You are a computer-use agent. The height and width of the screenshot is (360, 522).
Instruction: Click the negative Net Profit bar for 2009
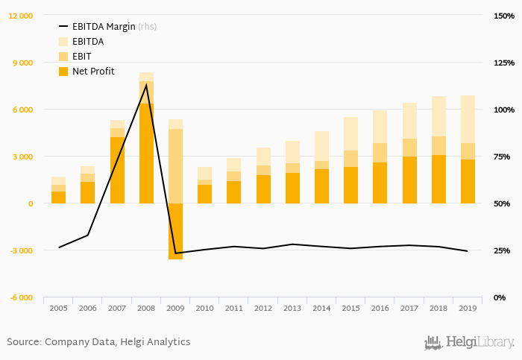pyautogui.click(x=175, y=231)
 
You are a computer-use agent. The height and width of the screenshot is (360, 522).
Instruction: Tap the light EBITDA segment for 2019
pyautogui.click(x=468, y=119)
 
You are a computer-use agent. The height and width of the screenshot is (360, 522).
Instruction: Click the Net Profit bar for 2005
pyautogui.click(x=58, y=198)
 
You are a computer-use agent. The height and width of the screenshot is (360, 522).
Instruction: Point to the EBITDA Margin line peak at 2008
pyautogui.click(x=146, y=84)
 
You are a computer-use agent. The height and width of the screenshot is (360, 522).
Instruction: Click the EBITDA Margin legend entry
pyautogui.click(x=104, y=27)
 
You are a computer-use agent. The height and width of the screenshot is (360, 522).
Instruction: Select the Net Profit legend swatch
pyautogui.click(x=63, y=72)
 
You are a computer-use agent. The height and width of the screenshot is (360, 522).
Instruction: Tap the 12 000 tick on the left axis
pyautogui.click(x=20, y=16)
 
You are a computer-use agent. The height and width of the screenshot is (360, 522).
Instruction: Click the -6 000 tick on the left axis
pyautogui.click(x=20, y=297)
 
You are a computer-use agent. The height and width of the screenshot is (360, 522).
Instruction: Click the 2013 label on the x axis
pyautogui.click(x=292, y=308)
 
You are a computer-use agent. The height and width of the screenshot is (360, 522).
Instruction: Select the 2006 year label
pyautogui.click(x=87, y=308)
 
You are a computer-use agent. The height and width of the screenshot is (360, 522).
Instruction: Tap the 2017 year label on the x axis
pyautogui.click(x=409, y=308)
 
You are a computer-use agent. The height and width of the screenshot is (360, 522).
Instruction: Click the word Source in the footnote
pyautogui.click(x=22, y=342)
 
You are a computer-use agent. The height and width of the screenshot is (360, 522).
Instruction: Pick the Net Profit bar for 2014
pyautogui.click(x=321, y=186)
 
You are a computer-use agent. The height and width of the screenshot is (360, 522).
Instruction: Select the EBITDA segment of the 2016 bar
pyautogui.click(x=380, y=127)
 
